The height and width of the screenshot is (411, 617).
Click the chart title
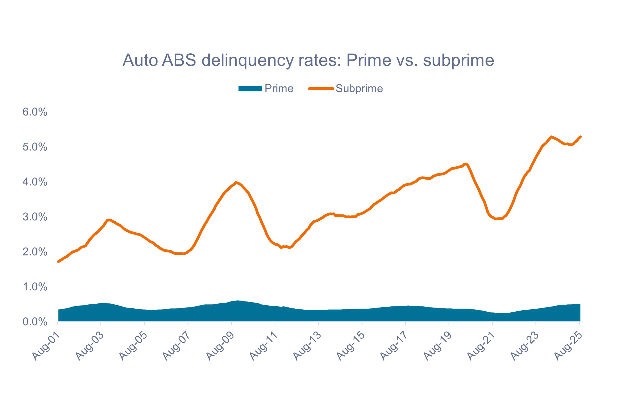point(308,60)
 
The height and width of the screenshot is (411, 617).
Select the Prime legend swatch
point(250,89)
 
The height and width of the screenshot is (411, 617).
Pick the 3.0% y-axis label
point(35,217)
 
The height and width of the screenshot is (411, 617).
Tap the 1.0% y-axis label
point(35,287)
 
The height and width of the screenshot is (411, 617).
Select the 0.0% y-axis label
point(35,322)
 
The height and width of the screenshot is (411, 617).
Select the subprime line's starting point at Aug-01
point(58,262)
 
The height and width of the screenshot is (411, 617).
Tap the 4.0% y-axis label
point(35,182)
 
